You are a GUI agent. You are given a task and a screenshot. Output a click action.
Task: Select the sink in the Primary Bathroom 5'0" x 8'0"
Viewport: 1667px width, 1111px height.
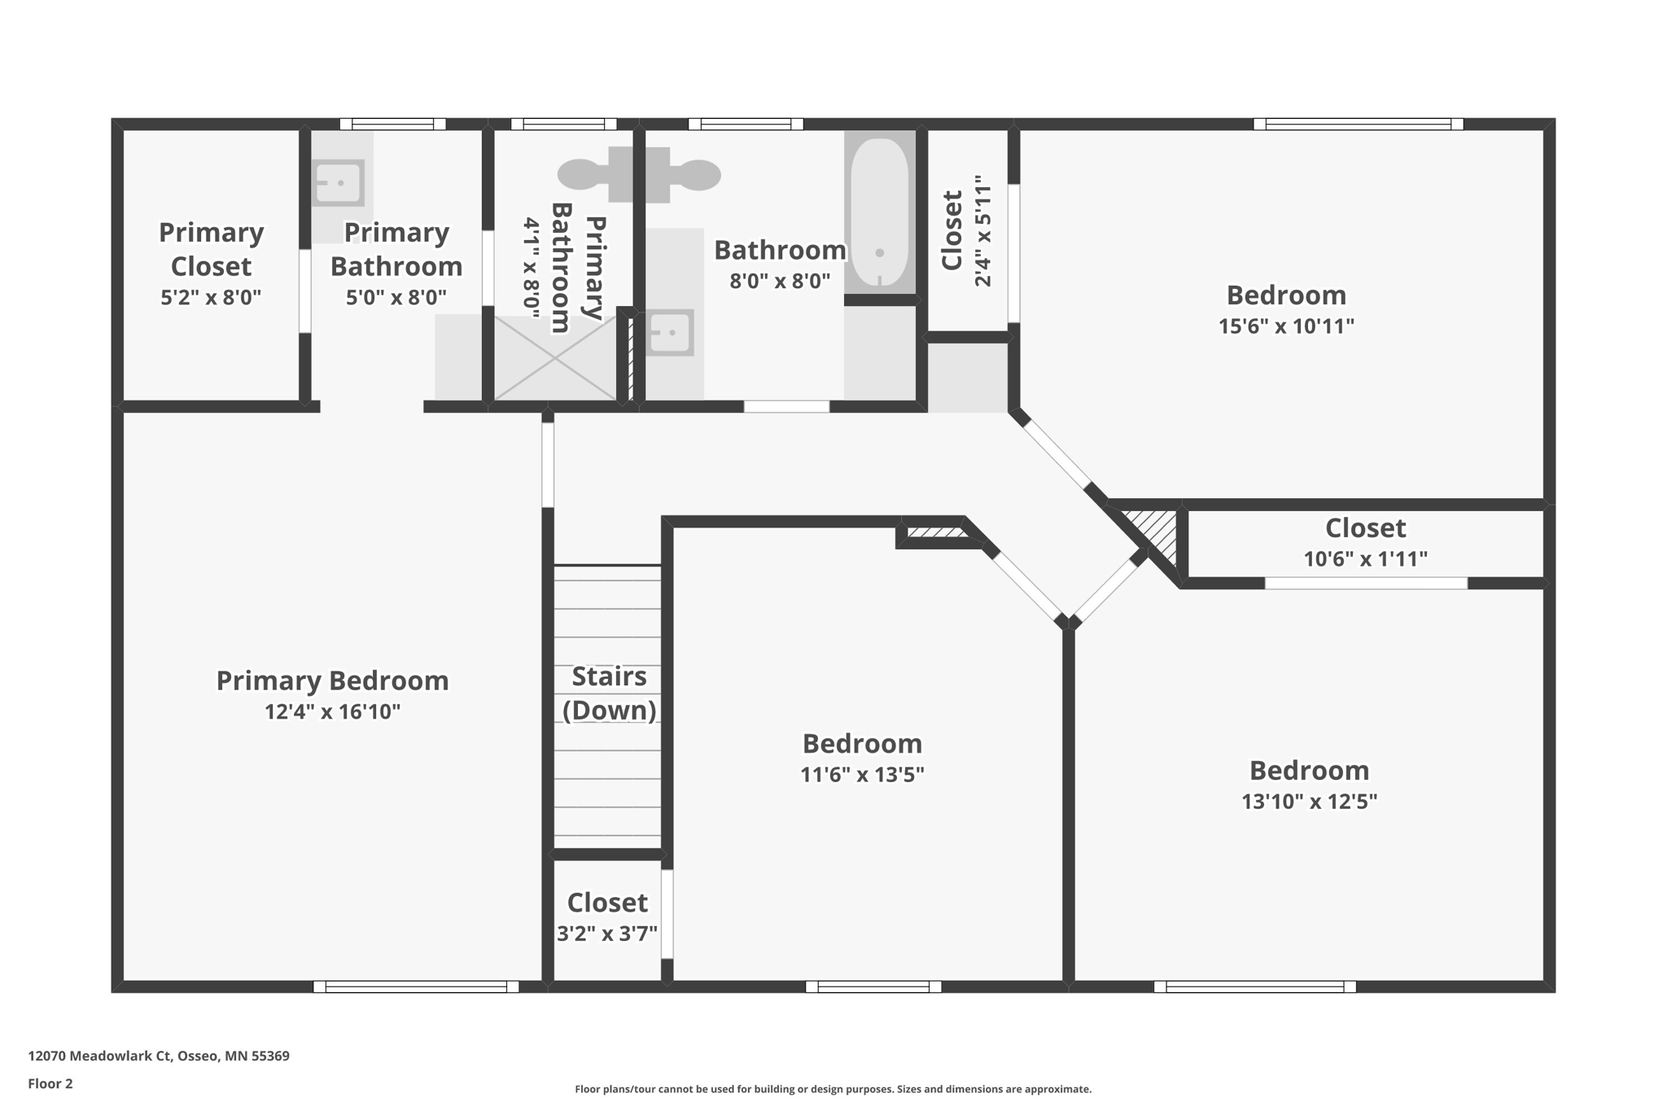[x=339, y=183]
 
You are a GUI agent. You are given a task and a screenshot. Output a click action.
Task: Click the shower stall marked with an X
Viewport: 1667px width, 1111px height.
[x=555, y=359]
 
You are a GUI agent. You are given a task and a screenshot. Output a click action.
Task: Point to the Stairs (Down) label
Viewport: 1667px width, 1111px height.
[x=609, y=693]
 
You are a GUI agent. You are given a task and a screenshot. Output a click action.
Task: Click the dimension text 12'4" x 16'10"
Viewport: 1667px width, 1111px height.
[x=332, y=712]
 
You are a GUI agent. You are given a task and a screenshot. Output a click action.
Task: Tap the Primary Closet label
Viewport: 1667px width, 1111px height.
[x=211, y=249]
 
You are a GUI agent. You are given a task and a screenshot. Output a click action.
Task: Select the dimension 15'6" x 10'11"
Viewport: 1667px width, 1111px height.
[x=1286, y=326]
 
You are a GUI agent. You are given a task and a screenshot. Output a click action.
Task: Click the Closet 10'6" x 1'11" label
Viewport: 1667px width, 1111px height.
[x=1365, y=528]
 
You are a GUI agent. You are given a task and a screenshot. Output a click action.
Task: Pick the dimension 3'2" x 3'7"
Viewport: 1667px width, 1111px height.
[x=607, y=934]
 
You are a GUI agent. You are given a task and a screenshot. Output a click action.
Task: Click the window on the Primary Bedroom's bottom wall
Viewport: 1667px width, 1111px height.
[x=416, y=986]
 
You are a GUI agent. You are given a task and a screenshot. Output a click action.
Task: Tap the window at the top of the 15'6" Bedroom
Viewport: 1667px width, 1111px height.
[x=1358, y=125]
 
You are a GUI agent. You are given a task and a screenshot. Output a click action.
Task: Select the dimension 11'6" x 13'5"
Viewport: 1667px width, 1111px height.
[x=862, y=775]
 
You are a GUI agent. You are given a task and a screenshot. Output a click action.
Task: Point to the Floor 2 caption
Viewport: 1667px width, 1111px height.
[x=50, y=1083]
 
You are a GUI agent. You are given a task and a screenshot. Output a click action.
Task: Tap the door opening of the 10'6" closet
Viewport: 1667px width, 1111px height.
[x=1365, y=583]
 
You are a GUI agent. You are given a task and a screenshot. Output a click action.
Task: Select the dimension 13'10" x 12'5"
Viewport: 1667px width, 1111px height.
[x=1309, y=802]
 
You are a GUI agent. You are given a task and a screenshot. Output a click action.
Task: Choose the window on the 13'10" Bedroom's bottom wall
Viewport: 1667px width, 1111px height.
[x=1254, y=986]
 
